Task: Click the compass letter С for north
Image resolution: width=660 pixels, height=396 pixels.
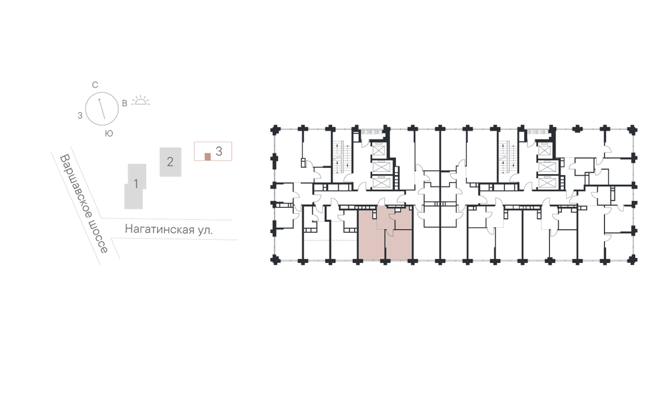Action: (95, 85)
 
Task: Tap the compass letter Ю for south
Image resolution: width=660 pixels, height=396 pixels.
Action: (109, 134)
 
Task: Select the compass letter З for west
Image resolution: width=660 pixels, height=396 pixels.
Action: (80, 116)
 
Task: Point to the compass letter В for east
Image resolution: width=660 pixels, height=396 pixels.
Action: (125, 103)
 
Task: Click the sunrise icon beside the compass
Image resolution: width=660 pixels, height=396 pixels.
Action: (141, 100)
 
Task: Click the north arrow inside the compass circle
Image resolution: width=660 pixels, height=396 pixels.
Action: (102, 109)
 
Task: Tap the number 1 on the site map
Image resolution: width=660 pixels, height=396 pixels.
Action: (136, 184)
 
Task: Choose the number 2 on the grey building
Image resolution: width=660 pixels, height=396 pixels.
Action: (170, 162)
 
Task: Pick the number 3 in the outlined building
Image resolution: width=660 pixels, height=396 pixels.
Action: (219, 151)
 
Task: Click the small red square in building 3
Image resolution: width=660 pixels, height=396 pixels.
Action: (208, 157)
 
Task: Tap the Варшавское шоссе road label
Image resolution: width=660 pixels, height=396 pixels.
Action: (84, 204)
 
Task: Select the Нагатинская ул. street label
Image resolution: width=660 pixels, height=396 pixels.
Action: (168, 229)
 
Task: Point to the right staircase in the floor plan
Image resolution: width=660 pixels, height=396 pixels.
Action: (508, 158)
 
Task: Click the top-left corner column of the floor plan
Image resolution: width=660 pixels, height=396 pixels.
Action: (275, 130)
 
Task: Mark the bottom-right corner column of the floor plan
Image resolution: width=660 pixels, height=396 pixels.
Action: (632, 260)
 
